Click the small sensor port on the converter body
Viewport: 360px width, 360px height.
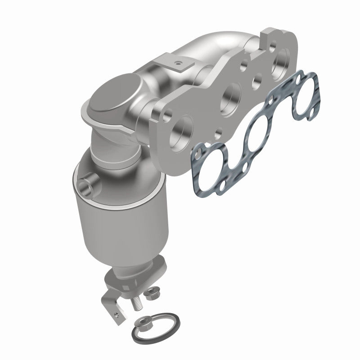[86, 184]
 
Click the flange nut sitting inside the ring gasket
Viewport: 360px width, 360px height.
[145, 322]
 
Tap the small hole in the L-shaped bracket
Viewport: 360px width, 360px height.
[118, 310]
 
